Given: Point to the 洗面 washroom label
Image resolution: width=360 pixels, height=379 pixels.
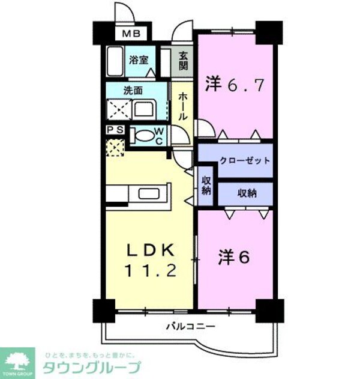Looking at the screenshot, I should click(133, 91).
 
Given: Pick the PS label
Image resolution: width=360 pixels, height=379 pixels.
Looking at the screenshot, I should click(115, 130).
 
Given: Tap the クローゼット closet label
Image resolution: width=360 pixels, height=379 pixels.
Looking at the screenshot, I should click(244, 161).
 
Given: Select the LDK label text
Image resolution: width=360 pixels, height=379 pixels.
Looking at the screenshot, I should click(150, 249).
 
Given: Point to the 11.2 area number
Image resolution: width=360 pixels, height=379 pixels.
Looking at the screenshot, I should click(150, 271).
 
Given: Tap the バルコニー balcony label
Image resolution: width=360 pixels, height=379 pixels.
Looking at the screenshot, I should click(190, 327).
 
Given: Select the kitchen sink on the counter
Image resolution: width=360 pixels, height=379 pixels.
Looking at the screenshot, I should click(148, 193).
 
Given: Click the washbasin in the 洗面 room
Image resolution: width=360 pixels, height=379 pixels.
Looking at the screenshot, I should click(143, 109).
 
